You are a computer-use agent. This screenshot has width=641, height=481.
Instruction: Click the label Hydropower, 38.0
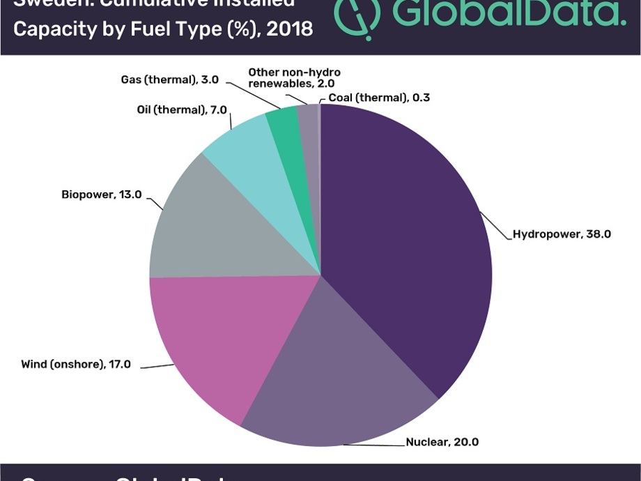562,234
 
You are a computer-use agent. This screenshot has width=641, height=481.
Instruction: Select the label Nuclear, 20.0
442,441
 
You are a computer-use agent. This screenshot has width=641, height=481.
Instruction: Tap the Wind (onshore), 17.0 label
75,364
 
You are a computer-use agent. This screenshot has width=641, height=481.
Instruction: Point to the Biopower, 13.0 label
101,194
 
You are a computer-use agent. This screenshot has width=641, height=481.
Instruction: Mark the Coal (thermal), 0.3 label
379,98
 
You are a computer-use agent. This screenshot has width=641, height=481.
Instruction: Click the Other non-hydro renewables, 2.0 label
294,77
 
